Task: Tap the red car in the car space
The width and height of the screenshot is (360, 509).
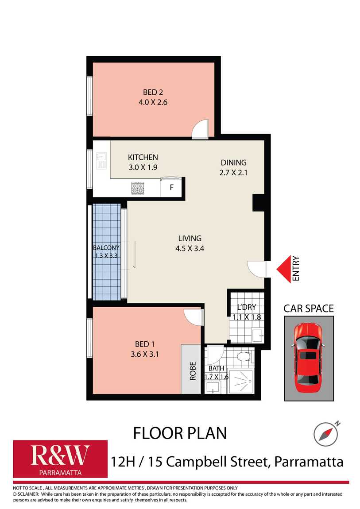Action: (308, 354)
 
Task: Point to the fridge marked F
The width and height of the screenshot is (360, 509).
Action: (171, 187)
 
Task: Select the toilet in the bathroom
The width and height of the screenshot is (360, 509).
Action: (243, 356)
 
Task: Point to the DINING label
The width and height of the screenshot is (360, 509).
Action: (233, 162)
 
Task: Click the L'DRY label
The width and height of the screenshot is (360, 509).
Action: (247, 307)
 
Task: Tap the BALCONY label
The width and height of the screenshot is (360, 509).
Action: (106, 248)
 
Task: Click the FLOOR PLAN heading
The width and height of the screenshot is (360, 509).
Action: (180, 433)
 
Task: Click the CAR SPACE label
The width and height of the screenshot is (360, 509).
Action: (308, 308)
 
